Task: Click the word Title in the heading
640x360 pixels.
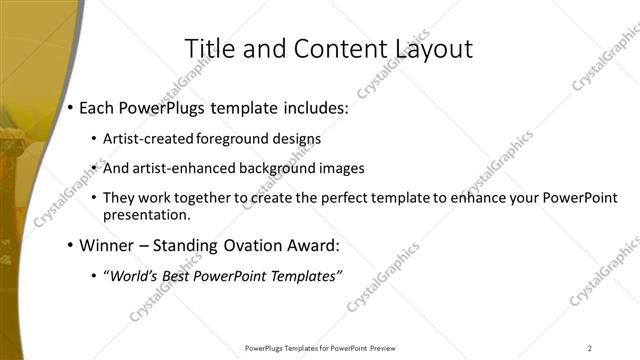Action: click(x=212, y=49)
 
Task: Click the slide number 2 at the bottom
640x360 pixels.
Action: click(x=590, y=348)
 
